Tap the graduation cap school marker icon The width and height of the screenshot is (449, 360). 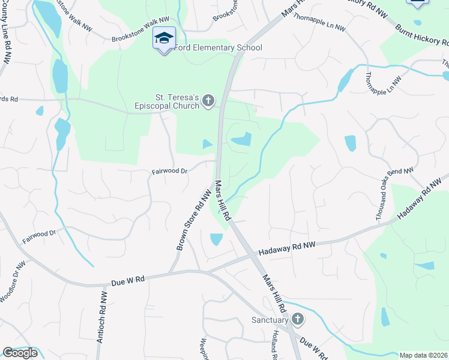click(164, 38)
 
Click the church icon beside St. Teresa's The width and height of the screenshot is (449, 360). click(208, 100)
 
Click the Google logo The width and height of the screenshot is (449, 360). click(20, 353)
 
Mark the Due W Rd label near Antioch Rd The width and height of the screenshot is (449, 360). click(128, 280)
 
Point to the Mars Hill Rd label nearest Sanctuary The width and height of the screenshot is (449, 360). click(273, 293)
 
